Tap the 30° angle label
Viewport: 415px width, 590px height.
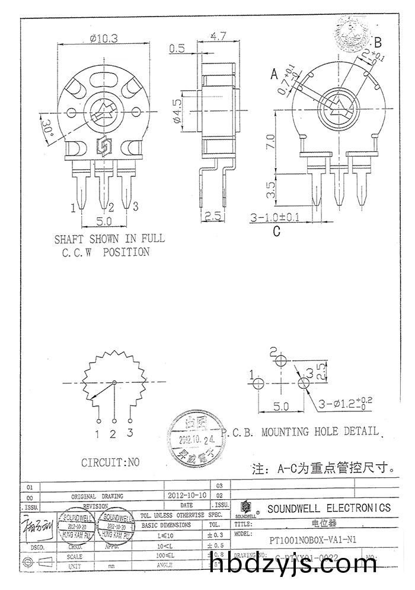tap(47, 126)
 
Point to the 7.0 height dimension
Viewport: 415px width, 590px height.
tap(270, 142)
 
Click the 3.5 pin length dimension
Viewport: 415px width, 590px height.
tap(270, 190)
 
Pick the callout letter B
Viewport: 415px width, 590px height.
tap(378, 42)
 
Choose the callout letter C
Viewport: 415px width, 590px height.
tap(276, 231)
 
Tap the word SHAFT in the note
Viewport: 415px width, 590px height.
tap(71, 239)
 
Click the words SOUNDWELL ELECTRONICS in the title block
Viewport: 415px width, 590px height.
tap(329, 508)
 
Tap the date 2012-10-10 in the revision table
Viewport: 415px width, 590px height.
tap(187, 494)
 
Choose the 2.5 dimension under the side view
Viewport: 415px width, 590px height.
tap(215, 217)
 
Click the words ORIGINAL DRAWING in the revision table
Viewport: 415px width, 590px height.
tap(97, 496)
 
